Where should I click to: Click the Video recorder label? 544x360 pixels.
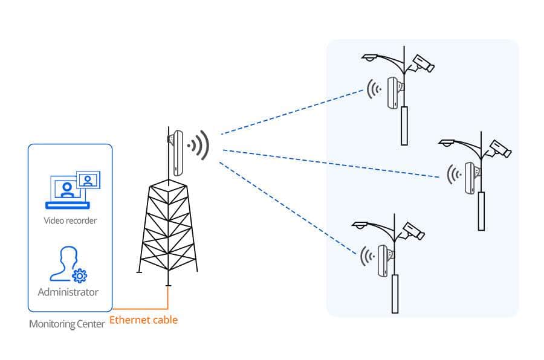[70, 220]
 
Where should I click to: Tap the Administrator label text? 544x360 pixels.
[68, 292]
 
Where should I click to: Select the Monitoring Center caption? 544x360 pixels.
[66, 324]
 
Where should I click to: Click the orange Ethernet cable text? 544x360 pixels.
[143, 320]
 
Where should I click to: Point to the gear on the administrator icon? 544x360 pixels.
[80, 275]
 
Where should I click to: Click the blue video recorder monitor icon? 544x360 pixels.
[73, 190]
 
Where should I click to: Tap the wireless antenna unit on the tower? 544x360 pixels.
[178, 153]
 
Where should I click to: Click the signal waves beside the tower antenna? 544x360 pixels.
[199, 146]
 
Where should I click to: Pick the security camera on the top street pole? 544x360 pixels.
[423, 63]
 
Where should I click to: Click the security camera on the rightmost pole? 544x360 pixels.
[500, 149]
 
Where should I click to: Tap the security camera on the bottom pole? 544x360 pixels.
[413, 231]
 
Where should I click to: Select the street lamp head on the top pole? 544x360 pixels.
[370, 57]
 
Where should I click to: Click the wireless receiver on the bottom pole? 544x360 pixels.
[383, 261]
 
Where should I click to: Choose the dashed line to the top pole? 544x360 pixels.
[292, 112]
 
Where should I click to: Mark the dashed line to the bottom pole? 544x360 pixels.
[288, 208]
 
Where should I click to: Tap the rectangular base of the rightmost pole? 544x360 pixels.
[481, 211]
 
